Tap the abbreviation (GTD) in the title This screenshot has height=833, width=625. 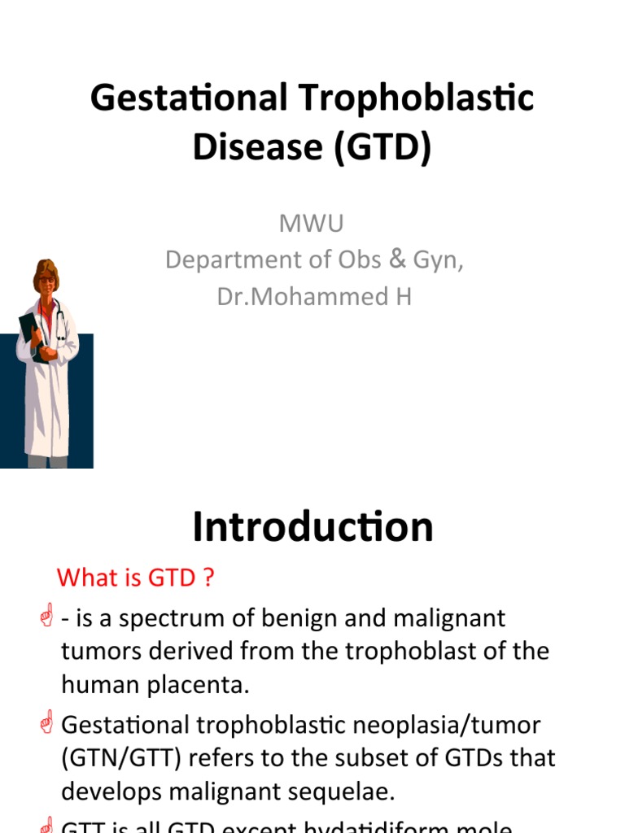pyautogui.click(x=380, y=148)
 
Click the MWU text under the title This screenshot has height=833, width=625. pyautogui.click(x=312, y=224)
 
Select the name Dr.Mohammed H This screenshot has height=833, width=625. pyautogui.click(x=314, y=297)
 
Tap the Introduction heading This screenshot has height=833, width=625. pyautogui.click(x=312, y=527)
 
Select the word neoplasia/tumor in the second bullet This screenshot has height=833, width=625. pyautogui.click(x=462, y=724)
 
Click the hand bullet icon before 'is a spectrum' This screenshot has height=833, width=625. pyautogui.click(x=46, y=617)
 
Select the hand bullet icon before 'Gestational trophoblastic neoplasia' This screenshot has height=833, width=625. pyautogui.click(x=46, y=723)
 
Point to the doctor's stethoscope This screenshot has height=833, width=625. pyautogui.click(x=59, y=321)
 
